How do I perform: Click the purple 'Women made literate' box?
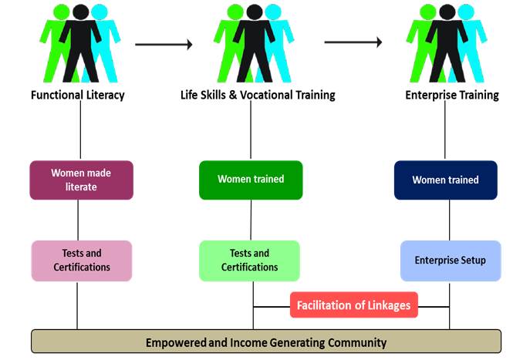click(x=82, y=180)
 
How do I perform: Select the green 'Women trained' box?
click(x=251, y=180)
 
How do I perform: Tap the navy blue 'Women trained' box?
click(x=446, y=180)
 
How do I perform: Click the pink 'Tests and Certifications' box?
click(x=82, y=261)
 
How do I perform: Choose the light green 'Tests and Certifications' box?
click(x=249, y=261)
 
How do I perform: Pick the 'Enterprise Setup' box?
click(x=451, y=261)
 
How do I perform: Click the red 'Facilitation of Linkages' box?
click(x=354, y=305)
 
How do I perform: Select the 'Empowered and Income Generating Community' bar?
click(x=266, y=341)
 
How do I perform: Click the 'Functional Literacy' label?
click(x=78, y=95)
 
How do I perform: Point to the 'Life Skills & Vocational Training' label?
click(x=258, y=95)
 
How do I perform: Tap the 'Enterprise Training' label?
click(x=452, y=95)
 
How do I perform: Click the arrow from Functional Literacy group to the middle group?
click(x=164, y=44)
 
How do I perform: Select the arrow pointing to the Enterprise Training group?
click(x=353, y=42)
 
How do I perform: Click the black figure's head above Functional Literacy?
click(x=81, y=12)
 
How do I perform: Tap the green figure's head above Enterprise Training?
click(x=428, y=12)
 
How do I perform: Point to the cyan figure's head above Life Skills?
click(x=273, y=12)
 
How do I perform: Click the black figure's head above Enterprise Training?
click(x=447, y=12)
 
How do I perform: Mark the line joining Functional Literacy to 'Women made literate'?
click(x=80, y=130)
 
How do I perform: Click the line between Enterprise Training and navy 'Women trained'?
click(x=445, y=130)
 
